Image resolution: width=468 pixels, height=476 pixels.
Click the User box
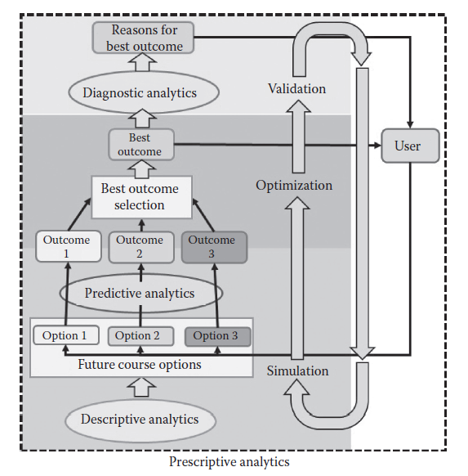(407, 146)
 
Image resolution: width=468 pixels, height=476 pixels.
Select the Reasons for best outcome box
(145, 38)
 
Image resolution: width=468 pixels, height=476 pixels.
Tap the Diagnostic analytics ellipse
(140, 92)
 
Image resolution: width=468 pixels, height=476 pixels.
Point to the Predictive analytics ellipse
(140, 292)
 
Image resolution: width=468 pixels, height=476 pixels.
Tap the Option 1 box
(65, 335)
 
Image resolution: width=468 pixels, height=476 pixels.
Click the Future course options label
(140, 364)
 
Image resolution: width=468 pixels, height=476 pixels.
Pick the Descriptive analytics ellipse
(140, 420)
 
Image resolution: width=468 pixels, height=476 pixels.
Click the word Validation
(296, 88)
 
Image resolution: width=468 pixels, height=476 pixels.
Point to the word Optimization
(294, 185)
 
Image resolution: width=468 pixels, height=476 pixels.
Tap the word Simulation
(297, 370)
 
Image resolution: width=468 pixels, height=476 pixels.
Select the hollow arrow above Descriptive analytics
(140, 386)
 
